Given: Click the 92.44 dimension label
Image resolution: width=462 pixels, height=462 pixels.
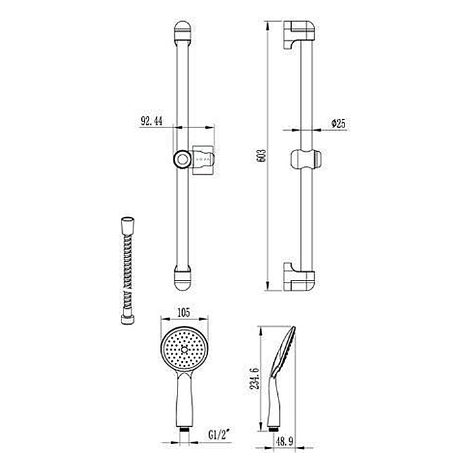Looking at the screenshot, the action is point(151,121).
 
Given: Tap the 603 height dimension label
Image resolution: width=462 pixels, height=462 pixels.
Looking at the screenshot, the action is point(261,155).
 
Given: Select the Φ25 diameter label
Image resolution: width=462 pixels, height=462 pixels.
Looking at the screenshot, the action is point(338,123).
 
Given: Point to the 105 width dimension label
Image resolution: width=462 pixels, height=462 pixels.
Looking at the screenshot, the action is point(184,312).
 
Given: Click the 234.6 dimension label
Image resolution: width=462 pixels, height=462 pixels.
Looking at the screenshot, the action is point(255,379).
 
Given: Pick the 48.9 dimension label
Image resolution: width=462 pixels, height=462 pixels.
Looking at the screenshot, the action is point(284,442).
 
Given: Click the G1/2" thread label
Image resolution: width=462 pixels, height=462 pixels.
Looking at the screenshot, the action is point(219,434).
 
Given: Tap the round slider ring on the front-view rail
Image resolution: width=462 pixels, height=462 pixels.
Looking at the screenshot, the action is point(182,159).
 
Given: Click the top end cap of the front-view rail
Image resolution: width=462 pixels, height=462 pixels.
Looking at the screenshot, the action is point(182,33).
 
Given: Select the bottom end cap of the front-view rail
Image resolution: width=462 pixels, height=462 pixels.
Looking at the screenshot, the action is point(183,278).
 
